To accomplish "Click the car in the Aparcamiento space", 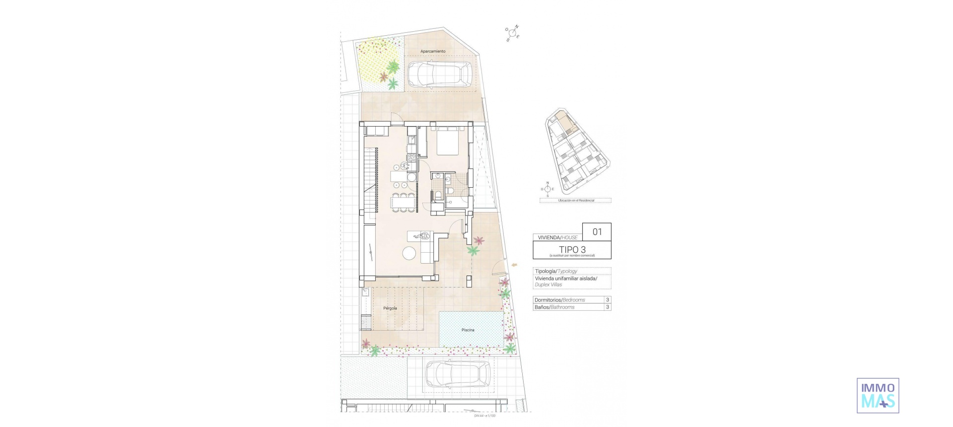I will coord(439,74).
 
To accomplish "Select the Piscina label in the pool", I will coord(468,330).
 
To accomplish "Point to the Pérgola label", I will coord(390,308).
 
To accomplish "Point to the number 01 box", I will coord(597,232).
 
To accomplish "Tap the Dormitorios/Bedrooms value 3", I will coord(607,300).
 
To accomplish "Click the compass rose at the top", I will coord(513,33).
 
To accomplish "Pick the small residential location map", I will coord(576,151).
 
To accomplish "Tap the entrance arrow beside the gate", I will coord(514,265).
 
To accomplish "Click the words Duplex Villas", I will coord(548,285).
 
